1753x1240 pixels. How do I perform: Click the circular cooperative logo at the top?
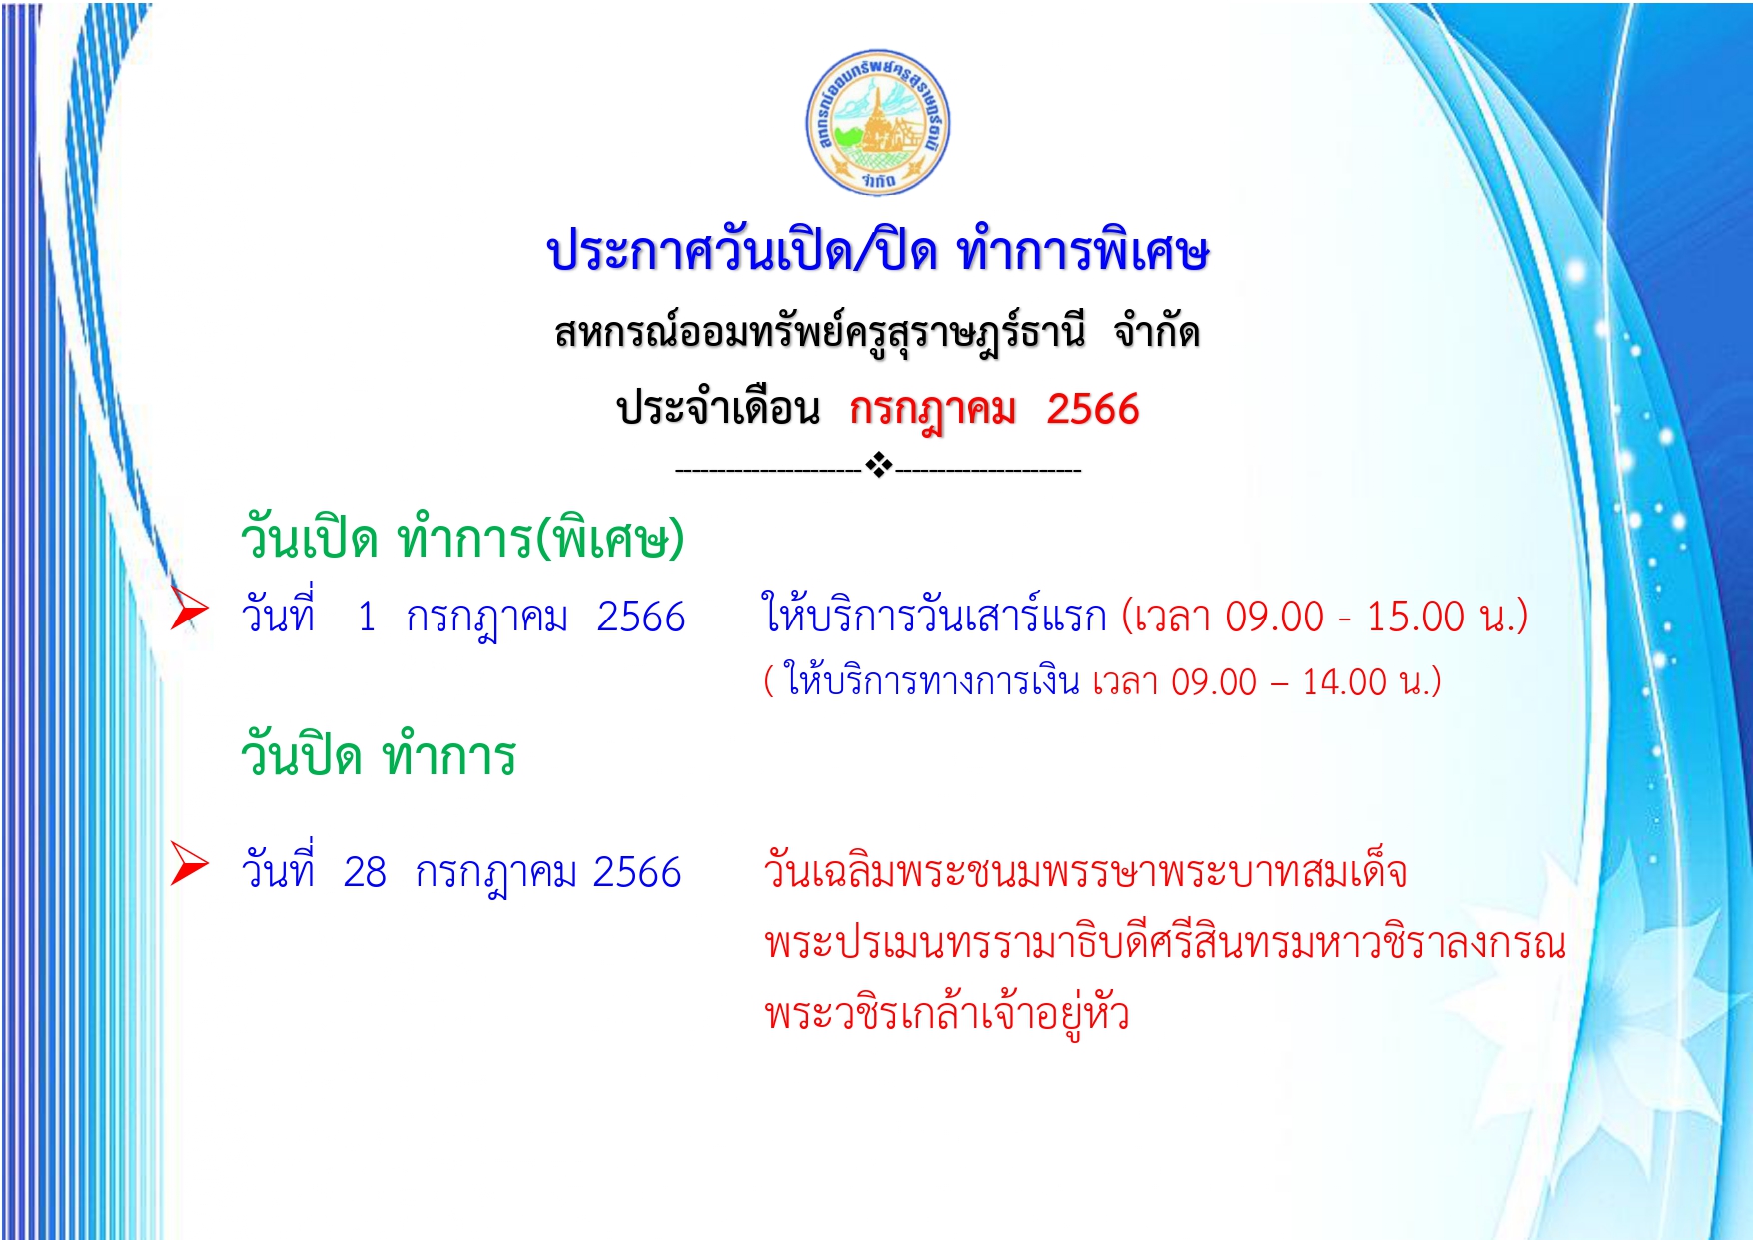[x=878, y=123]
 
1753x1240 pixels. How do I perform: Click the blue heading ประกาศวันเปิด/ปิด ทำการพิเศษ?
[x=878, y=250]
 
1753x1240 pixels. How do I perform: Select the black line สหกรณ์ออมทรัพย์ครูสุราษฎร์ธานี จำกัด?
[x=877, y=332]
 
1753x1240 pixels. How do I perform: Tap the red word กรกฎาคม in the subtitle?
[x=933, y=410]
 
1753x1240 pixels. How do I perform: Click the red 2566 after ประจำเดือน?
[x=1093, y=409]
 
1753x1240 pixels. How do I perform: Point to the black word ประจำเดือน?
[x=718, y=408]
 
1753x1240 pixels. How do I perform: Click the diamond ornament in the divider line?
[x=878, y=465]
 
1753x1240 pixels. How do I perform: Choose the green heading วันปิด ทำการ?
[x=379, y=753]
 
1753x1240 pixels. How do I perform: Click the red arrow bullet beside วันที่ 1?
[x=188, y=608]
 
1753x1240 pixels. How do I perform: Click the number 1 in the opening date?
[x=367, y=617]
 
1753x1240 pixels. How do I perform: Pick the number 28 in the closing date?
[x=365, y=872]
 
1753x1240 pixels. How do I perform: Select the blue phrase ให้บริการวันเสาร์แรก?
[x=934, y=615]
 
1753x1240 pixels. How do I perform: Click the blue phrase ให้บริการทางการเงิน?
[x=931, y=680]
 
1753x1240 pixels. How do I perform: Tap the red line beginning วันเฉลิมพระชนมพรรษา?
[x=1086, y=871]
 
